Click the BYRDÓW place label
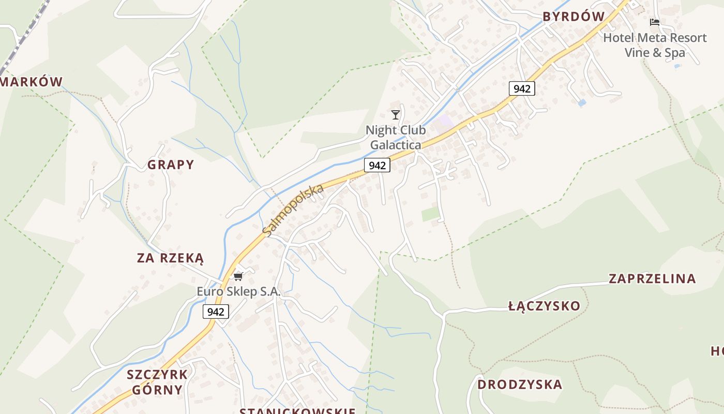click(x=574, y=17)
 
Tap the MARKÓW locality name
click(x=32, y=82)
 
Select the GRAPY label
click(x=171, y=165)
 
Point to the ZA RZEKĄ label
click(x=171, y=258)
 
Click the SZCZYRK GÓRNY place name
click(x=157, y=381)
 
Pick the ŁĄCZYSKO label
click(x=545, y=306)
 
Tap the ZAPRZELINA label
click(x=652, y=279)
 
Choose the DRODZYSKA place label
click(x=520, y=385)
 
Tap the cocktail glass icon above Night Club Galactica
click(x=396, y=114)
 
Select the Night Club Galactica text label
click(x=396, y=138)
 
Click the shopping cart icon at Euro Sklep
click(x=238, y=276)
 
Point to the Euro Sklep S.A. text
click(x=238, y=291)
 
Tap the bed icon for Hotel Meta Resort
click(x=655, y=22)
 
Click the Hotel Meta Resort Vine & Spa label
click(x=655, y=45)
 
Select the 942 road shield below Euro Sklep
click(x=216, y=312)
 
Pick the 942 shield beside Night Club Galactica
click(x=377, y=166)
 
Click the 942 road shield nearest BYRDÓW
click(x=522, y=88)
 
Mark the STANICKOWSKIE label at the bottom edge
click(x=298, y=411)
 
